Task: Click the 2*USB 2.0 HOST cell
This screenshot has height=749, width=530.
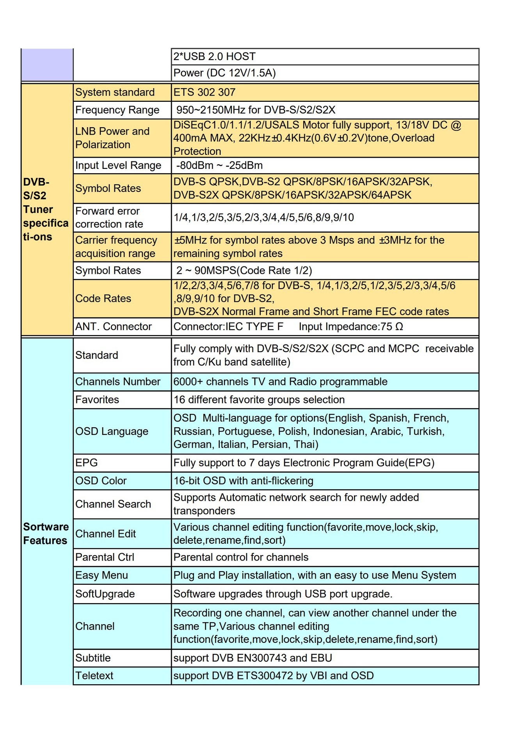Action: pyautogui.click(x=214, y=57)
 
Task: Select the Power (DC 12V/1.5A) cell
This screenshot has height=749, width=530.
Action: pyautogui.click(x=224, y=73)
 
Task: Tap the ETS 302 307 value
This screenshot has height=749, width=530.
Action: pyautogui.click(x=205, y=92)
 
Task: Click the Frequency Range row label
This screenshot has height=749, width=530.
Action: pyautogui.click(x=117, y=110)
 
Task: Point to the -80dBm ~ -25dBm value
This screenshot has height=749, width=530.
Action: pyautogui.click(x=219, y=165)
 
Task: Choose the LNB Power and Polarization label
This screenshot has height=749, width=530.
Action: pyautogui.click(x=112, y=138)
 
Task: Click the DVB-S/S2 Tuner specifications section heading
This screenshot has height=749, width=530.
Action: pyautogui.click(x=46, y=209)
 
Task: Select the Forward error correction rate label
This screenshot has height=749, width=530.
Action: pyautogui.click(x=109, y=217)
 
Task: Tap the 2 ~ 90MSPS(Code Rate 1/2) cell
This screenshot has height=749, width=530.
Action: pyautogui.click(x=244, y=270)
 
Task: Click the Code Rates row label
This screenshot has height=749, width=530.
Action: pyautogui.click(x=103, y=298)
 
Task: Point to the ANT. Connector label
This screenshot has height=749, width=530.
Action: pyautogui.click(x=114, y=327)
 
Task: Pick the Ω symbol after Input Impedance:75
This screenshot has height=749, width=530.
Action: pyautogui.click(x=399, y=327)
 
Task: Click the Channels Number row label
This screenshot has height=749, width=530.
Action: pyautogui.click(x=118, y=382)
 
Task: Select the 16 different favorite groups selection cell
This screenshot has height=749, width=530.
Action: pyautogui.click(x=259, y=399)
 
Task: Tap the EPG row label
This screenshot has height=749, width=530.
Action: pyautogui.click(x=87, y=463)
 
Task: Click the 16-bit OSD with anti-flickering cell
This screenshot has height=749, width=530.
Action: pyautogui.click(x=243, y=481)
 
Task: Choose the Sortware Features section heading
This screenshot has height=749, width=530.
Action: pyautogui.click(x=46, y=534)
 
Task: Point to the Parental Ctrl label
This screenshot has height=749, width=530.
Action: pyautogui.click(x=105, y=557)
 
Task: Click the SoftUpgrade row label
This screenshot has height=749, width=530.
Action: pyautogui.click(x=105, y=594)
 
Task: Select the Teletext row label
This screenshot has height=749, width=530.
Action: pyautogui.click(x=94, y=676)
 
